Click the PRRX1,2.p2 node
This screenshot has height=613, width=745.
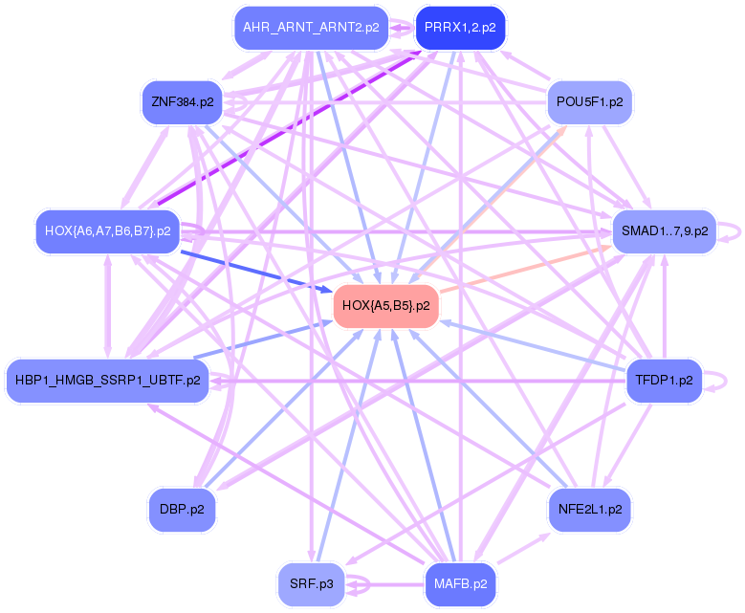tap(460, 28)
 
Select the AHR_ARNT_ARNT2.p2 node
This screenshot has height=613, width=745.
tap(311, 28)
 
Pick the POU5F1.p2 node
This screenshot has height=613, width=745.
tap(589, 100)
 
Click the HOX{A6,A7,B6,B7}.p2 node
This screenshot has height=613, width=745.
tap(108, 230)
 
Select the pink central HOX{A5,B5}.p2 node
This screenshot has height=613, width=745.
tap(385, 305)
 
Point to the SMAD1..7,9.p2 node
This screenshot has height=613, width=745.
tap(664, 230)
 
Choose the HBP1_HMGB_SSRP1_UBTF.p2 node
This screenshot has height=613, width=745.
tap(107, 380)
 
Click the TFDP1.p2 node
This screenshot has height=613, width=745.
tap(664, 380)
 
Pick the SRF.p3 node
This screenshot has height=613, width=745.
tap(311, 582)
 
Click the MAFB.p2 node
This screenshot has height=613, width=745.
tap(460, 582)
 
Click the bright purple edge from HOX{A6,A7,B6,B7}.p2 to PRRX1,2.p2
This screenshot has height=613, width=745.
tap(287, 128)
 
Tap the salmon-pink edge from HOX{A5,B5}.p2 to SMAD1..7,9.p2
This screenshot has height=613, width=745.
tap(526, 268)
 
